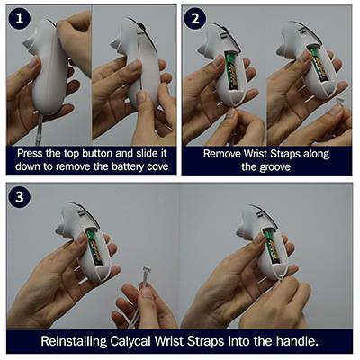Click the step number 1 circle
pos(20,19)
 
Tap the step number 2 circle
pos(195,19)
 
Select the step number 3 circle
pos(20,197)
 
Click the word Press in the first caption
pos(30,154)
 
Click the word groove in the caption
pos(274,167)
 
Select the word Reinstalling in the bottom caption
pos(74,341)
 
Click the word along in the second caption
pos(316,154)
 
